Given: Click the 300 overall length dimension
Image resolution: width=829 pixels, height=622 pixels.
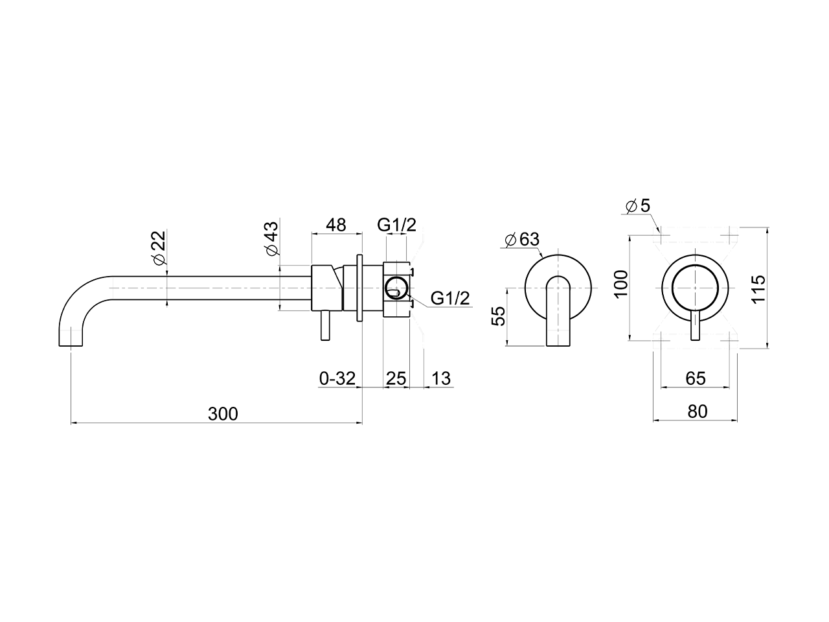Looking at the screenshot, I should pyautogui.click(x=223, y=413).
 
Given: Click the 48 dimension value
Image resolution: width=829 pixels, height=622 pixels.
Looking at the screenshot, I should pyautogui.click(x=335, y=225).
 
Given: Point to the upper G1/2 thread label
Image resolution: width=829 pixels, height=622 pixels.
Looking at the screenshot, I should pyautogui.click(x=396, y=225).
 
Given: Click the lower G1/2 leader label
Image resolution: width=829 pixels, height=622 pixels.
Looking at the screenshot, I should pyautogui.click(x=450, y=299).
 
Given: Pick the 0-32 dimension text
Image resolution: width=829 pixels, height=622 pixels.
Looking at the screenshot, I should pyautogui.click(x=337, y=378).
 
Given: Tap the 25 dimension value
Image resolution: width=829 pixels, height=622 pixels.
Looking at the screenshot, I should pyautogui.click(x=396, y=378).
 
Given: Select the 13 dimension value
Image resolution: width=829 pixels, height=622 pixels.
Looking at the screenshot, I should pyautogui.click(x=440, y=378).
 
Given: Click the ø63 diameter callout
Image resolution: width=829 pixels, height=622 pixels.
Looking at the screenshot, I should pyautogui.click(x=521, y=238).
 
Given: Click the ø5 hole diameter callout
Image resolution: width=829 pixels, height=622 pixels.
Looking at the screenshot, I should pyautogui.click(x=637, y=206).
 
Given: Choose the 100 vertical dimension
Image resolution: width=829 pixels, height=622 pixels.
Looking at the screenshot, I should pyautogui.click(x=622, y=284).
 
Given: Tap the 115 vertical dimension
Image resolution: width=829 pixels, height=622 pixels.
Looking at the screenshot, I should pyautogui.click(x=759, y=289).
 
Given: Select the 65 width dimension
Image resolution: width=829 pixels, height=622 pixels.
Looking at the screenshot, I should pyautogui.click(x=695, y=378).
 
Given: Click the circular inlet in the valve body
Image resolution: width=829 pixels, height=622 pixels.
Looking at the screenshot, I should pyautogui.click(x=396, y=286).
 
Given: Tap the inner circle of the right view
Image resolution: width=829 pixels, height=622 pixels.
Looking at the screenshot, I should pyautogui.click(x=695, y=288).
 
